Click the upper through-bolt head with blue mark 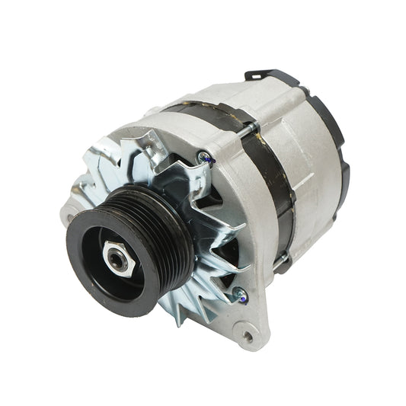click(204, 158)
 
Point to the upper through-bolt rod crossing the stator click(236, 137)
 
